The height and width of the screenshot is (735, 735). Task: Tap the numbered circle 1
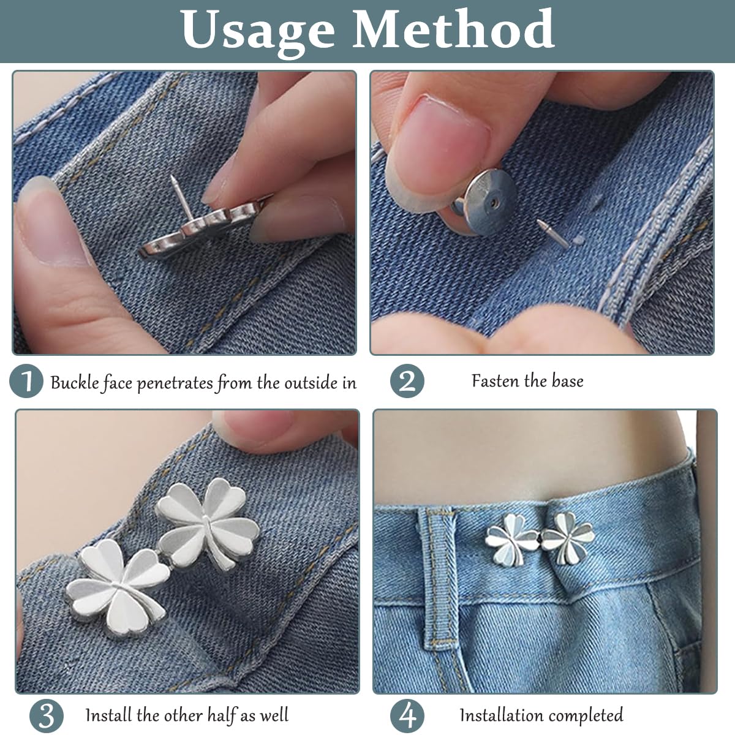pos(26,381)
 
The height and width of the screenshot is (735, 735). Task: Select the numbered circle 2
pos(407,381)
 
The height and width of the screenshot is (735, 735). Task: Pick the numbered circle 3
pos(46,716)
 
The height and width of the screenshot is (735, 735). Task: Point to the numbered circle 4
pos(407,716)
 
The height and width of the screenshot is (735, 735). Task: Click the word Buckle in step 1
pos(75,382)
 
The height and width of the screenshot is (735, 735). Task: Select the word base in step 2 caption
pos(567,380)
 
